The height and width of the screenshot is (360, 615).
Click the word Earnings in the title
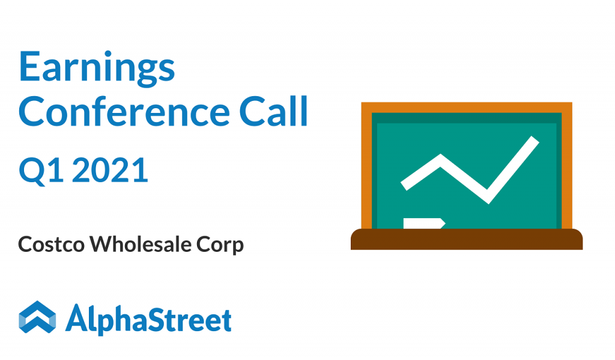(97, 67)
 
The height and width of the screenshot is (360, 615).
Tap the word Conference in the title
(124, 112)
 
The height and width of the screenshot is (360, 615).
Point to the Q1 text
(41, 171)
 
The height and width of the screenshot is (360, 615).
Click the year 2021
(111, 170)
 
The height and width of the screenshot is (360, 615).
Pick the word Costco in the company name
(51, 244)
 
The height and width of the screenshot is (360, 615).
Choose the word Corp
(220, 245)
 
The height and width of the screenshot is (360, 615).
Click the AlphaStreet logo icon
(37, 317)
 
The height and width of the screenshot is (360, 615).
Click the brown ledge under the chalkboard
(466, 239)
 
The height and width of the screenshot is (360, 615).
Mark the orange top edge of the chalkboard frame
(467, 107)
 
